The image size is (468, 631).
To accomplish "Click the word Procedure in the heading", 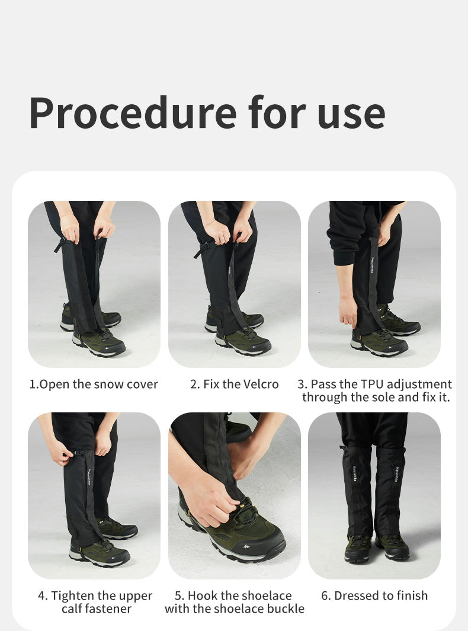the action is (x=133, y=113).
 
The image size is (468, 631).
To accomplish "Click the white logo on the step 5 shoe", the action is (x=246, y=547).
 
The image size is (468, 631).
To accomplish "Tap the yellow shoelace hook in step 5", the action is (x=243, y=504).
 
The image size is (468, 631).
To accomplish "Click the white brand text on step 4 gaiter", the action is (x=89, y=477).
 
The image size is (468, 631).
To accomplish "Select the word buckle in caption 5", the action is (x=285, y=608).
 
